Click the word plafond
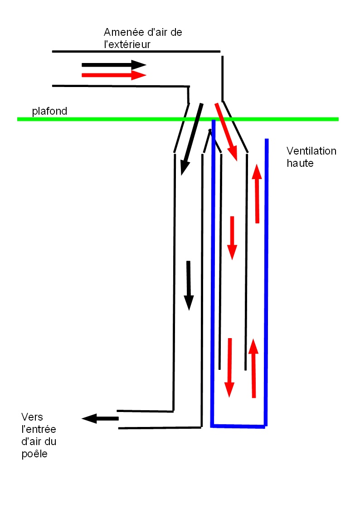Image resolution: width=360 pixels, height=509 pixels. (x=49, y=111)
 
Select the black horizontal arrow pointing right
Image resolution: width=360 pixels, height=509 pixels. (x=113, y=65)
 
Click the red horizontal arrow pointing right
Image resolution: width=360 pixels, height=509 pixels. (x=113, y=75)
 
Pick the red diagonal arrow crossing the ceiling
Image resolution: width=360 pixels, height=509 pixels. (x=226, y=131)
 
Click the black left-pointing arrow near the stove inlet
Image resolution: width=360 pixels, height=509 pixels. (x=100, y=418)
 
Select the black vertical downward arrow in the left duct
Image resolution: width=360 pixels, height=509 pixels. (x=188, y=286)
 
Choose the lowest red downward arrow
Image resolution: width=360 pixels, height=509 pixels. (x=229, y=367)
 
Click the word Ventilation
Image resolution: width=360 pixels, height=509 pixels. (x=311, y=151)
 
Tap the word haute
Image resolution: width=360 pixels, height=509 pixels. (x=300, y=163)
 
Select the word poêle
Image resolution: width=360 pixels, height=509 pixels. (x=34, y=454)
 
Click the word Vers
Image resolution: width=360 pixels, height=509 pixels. (x=32, y=417)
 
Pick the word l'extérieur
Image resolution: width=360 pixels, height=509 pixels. (x=127, y=44)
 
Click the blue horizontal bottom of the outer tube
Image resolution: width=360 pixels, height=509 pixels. (x=238, y=426)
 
